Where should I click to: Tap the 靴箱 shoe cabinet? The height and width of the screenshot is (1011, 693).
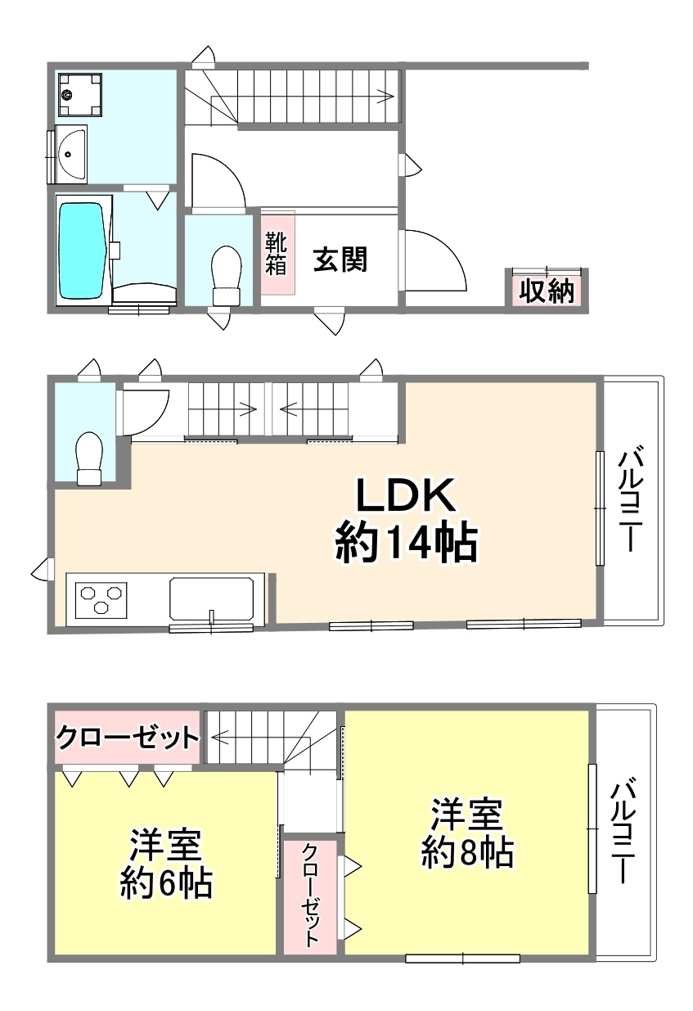click(x=277, y=253)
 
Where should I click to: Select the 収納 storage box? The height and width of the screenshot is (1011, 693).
click(x=547, y=291)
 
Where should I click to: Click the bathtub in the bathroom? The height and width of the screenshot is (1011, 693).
click(x=84, y=250)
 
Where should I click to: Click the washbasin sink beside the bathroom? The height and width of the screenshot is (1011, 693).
click(x=72, y=154)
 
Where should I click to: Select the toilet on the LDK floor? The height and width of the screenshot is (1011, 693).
click(x=90, y=458)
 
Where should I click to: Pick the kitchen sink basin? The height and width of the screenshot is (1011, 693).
click(x=211, y=598)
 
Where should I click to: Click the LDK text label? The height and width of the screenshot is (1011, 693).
click(x=405, y=495)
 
